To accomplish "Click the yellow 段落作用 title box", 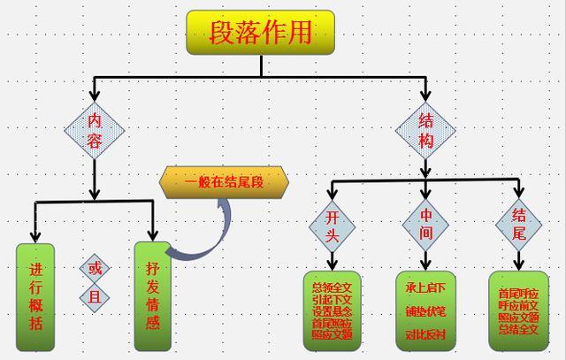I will pos(260,33).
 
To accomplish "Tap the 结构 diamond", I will pos(425,131).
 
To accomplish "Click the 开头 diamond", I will pos(332,226).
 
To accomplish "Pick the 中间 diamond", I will pos(425,226).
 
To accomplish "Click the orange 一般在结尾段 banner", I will pos(225,183).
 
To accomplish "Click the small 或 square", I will pos(95,267).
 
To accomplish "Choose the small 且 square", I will pos(95,296).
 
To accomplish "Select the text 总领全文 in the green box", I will pos(332,287).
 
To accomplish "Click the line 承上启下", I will pos(425,289).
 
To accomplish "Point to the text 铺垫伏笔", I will pos(425,311).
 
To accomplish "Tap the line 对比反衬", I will pos(425,334).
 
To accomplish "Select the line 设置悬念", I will pos(332,311).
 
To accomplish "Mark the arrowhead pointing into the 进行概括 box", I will pos(35,236).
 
